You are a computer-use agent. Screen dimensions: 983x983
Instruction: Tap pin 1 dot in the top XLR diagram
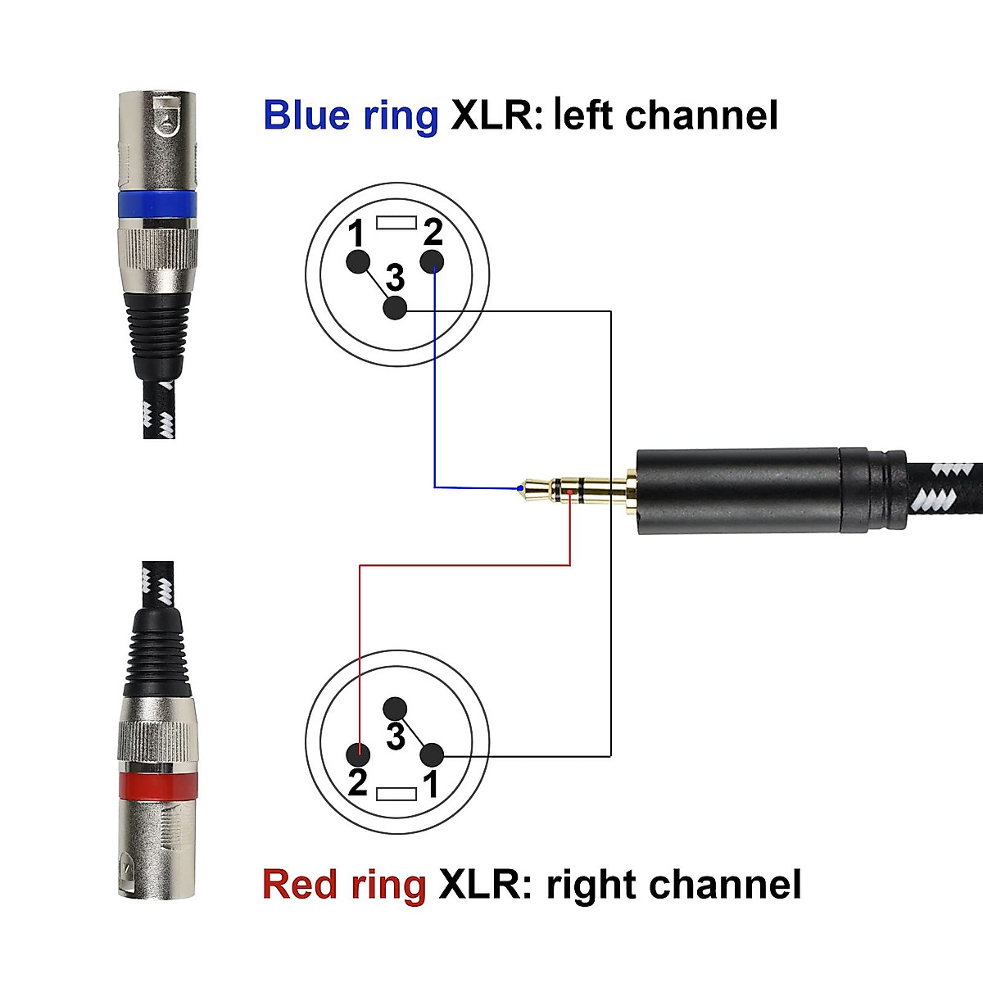357,262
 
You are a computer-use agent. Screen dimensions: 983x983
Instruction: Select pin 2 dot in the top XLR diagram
433,262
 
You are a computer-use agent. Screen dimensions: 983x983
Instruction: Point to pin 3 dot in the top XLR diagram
396,308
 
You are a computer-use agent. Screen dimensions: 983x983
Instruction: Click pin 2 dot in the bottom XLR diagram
358,754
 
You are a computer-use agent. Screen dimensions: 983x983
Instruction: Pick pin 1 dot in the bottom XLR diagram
432,754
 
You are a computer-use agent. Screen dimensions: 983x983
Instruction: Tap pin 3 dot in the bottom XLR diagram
396,709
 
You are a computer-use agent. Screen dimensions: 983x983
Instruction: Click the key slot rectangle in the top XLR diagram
396,222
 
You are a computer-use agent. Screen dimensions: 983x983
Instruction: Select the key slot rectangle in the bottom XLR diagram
396,794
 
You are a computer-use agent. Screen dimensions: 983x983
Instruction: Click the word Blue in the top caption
307,116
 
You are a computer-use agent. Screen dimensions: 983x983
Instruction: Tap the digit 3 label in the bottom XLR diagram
396,736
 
